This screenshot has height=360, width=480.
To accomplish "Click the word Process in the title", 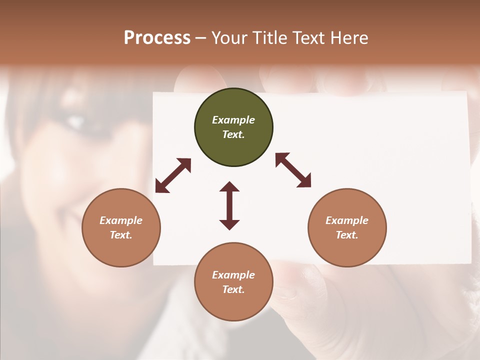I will [157, 38].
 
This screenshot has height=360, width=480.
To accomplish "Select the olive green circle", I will [233, 127].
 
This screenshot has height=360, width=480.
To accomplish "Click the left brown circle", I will [121, 227].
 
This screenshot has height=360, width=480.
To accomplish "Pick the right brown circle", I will [347, 227].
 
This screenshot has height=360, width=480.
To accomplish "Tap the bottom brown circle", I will [233, 282].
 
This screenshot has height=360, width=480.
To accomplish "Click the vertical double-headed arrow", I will [229, 205].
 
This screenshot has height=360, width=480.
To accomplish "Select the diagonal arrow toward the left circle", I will [173, 175].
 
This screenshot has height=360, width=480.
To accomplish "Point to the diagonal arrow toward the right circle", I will [293, 170].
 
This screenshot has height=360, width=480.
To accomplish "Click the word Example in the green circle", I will [233, 120].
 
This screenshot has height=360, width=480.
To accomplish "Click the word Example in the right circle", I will [347, 220].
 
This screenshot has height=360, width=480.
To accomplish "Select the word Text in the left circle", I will [120, 235].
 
